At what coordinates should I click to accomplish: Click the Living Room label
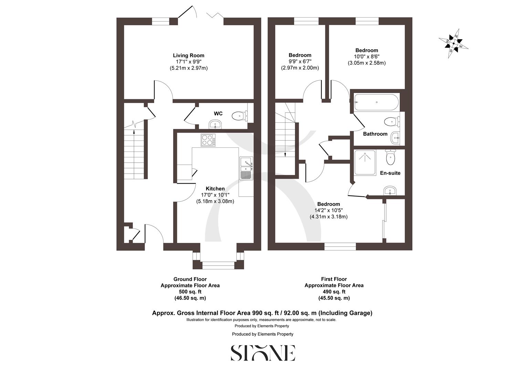pos(188,55)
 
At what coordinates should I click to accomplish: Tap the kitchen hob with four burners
pos(208,140)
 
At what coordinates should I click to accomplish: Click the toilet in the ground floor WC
pos(238,116)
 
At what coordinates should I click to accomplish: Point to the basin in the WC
pos(216,124)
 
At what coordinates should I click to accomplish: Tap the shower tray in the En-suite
pos(365,163)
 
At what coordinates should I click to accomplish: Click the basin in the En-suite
pos(390,190)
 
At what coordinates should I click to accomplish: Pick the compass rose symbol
pos(453,44)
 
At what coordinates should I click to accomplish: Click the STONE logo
pos(263,353)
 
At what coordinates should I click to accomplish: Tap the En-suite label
pos(390,173)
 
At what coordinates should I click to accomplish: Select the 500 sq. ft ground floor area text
pos(190,292)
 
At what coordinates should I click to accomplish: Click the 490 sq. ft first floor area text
pos(334,292)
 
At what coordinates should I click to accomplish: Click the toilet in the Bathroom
pos(391,122)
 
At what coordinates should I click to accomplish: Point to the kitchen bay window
pos(218,265)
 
